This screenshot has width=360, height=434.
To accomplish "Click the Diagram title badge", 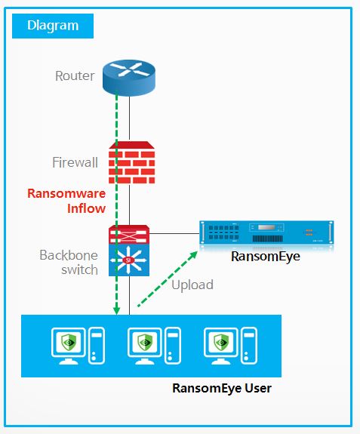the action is pyautogui.click(x=53, y=26).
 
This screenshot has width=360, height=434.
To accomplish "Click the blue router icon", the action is pyautogui.click(x=129, y=78).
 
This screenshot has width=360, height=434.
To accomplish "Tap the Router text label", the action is pyautogui.click(x=75, y=75).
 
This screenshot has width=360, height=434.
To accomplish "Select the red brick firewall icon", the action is pyautogui.click(x=131, y=162).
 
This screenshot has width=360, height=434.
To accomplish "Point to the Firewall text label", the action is pyautogui.click(x=75, y=162).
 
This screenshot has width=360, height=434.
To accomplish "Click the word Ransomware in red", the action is pyautogui.click(x=66, y=193).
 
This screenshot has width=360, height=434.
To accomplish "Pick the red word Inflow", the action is pyautogui.click(x=86, y=208).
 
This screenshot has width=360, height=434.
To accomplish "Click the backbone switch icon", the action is pyautogui.click(x=129, y=251).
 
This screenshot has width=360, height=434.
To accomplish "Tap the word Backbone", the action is pyautogui.click(x=69, y=255).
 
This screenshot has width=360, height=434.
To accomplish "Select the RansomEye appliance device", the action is pyautogui.click(x=266, y=232).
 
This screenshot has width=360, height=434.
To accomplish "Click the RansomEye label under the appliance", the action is pyautogui.click(x=266, y=257).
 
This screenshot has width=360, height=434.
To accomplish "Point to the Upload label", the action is pyautogui.click(x=192, y=285).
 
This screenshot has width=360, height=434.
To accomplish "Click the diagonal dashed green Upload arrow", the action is pyautogui.click(x=168, y=279).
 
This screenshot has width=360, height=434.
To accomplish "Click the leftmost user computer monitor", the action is pyautogui.click(x=69, y=346).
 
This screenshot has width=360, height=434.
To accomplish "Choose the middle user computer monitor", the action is pyautogui.click(x=145, y=346).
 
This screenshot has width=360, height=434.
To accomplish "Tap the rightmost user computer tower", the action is pyautogui.click(x=249, y=345).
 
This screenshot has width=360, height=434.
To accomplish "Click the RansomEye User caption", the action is pyautogui.click(x=222, y=388).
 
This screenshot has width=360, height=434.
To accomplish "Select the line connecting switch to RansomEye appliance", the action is pyautogui.click(x=174, y=233).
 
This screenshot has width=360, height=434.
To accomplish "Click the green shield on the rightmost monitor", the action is pyautogui.click(x=221, y=342).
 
